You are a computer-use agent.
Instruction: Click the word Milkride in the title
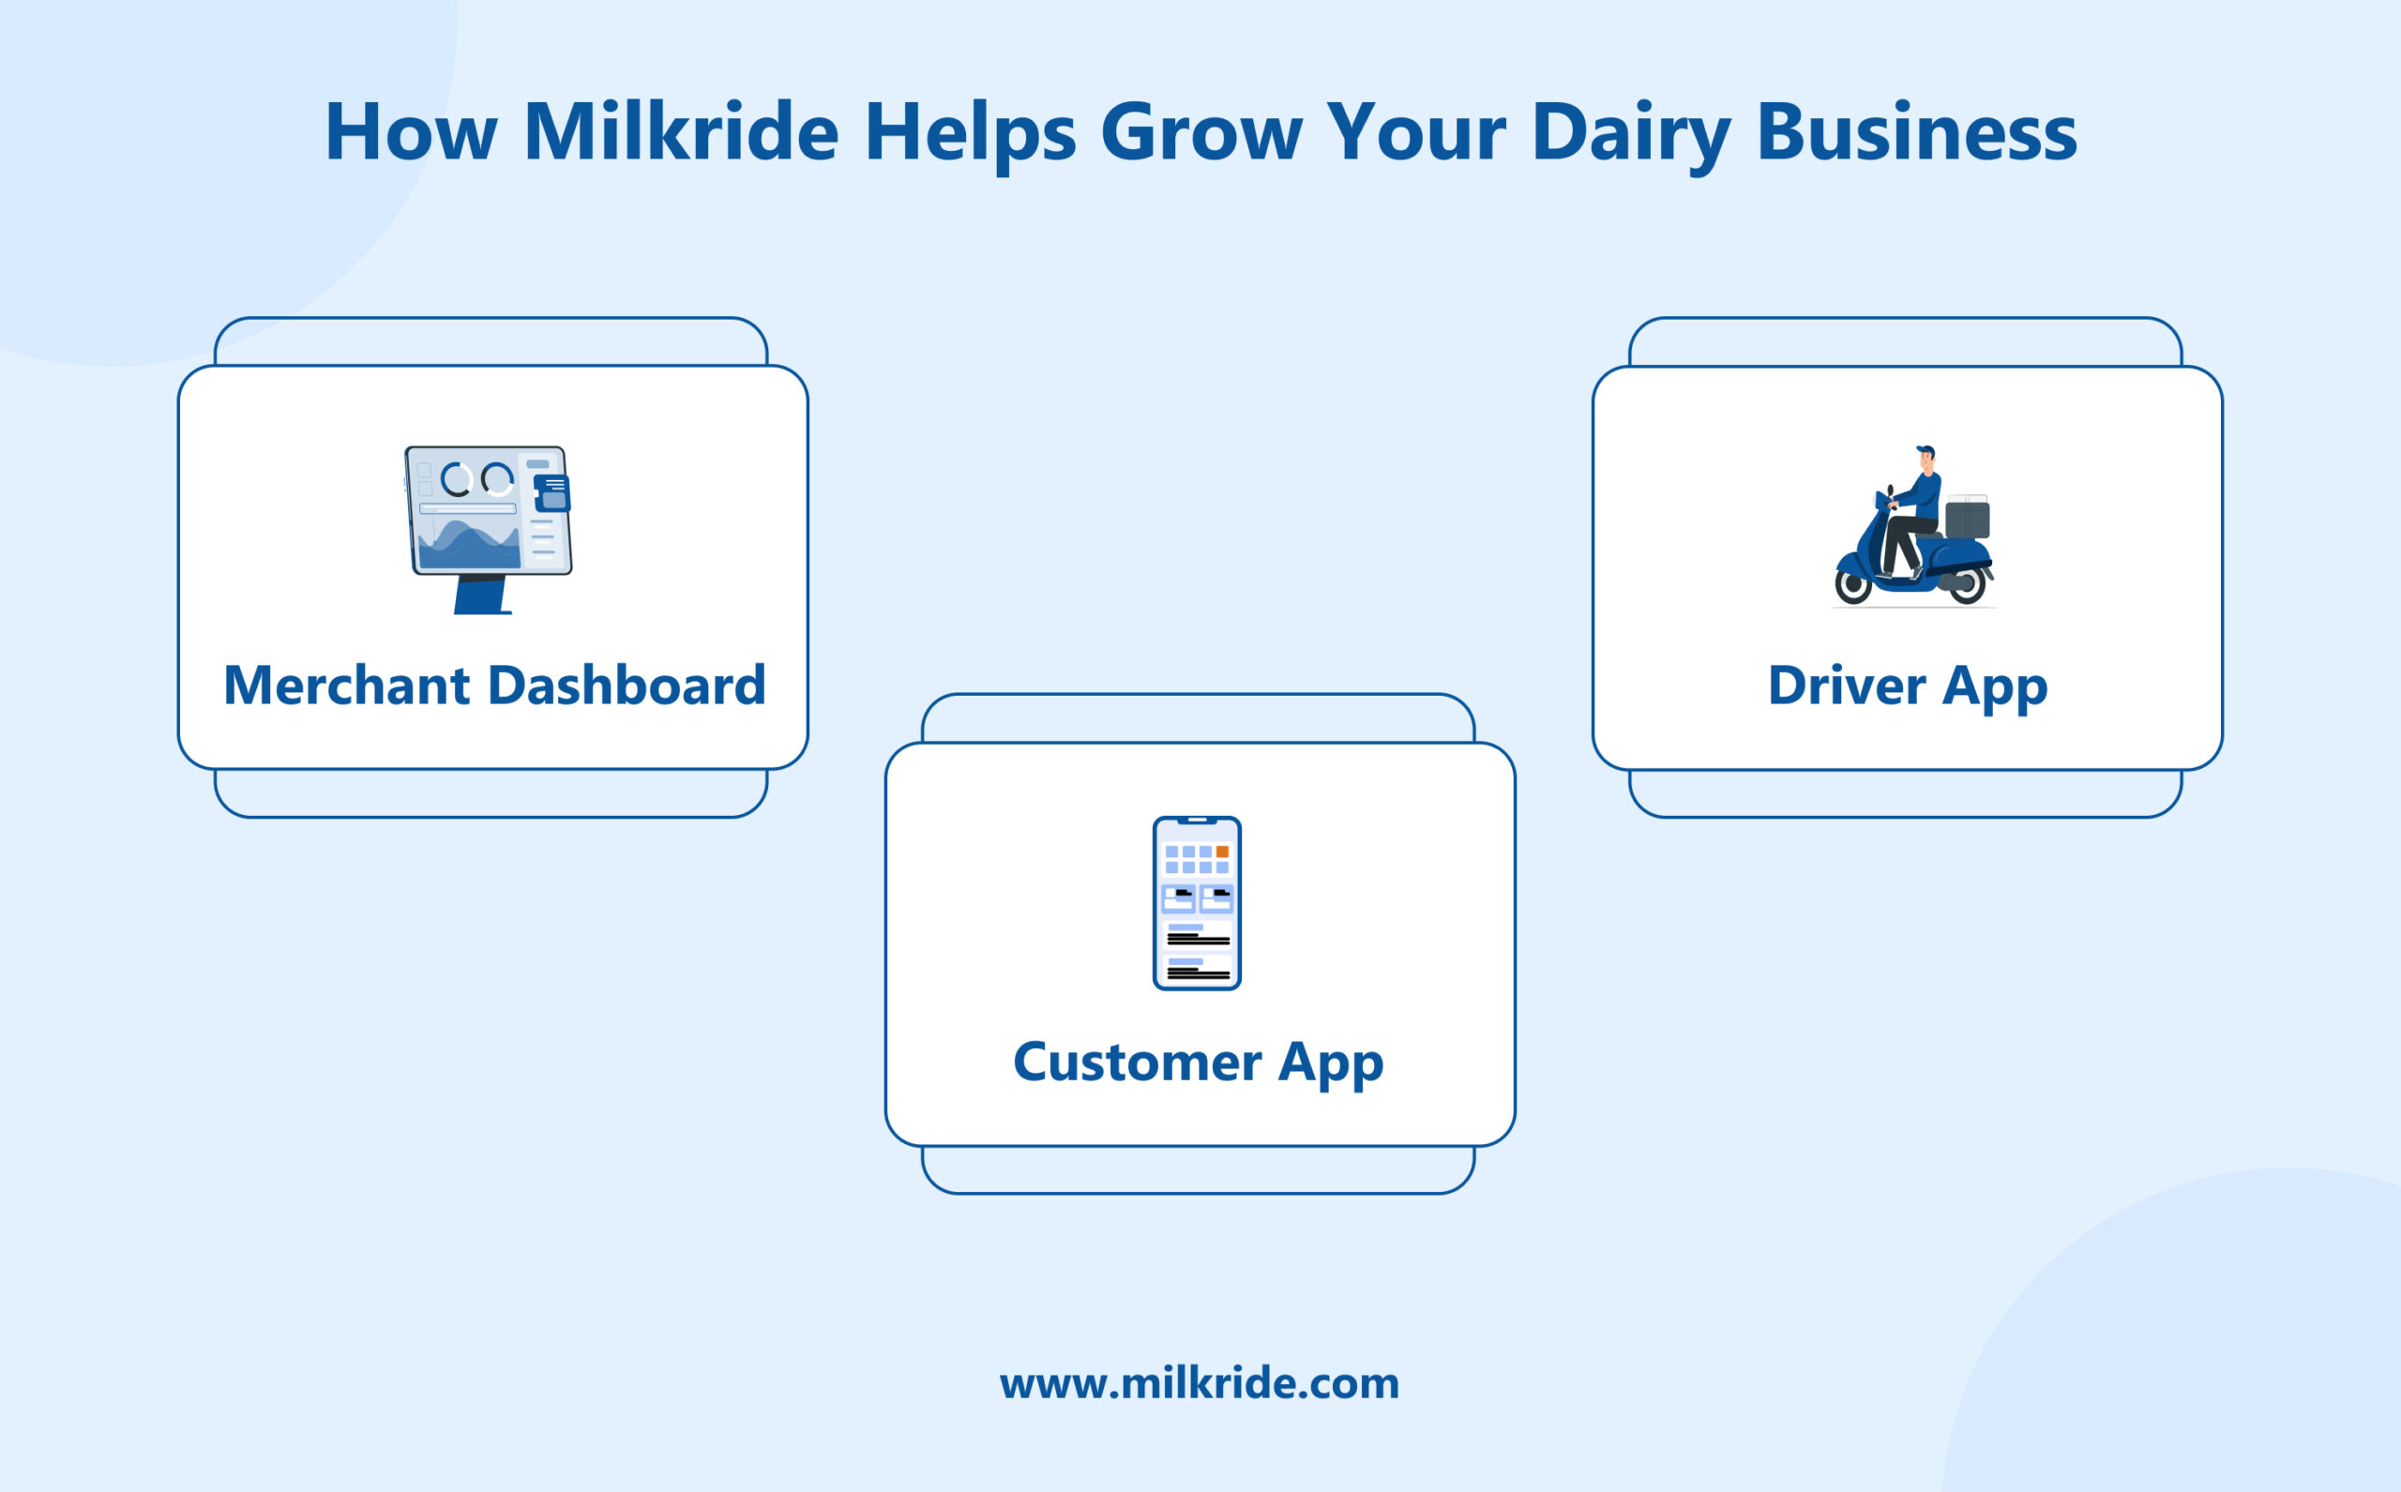point(681,133)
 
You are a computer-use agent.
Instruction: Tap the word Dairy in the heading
point(1631,133)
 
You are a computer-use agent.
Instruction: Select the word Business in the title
point(1916,133)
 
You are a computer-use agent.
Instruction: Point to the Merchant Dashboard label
point(494,685)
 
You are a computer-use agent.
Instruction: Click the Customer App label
point(1198,1062)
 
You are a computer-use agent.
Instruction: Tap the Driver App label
point(1907,685)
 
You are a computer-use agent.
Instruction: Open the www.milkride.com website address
point(1199,1383)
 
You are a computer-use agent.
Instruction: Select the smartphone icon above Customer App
point(1196,903)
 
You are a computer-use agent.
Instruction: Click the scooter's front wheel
point(1852,585)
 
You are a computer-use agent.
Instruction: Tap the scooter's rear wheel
point(1967,585)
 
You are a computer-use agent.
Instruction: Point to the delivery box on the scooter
point(1967,519)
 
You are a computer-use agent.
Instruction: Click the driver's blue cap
point(1925,449)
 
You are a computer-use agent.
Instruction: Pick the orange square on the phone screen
point(1222,851)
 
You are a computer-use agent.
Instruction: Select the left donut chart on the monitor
point(456,479)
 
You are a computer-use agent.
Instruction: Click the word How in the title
point(410,133)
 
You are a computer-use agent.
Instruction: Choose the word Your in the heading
point(1414,133)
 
